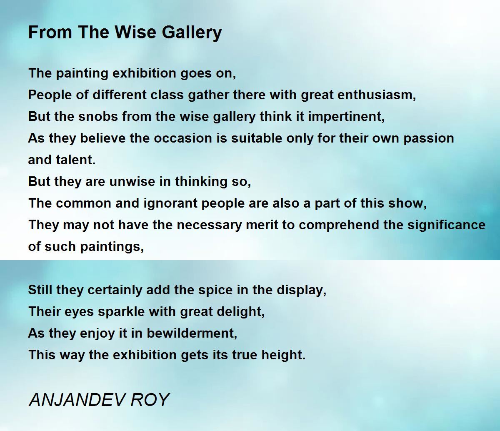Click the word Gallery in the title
(192, 33)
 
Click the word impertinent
(346, 117)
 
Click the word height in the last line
(283, 356)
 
